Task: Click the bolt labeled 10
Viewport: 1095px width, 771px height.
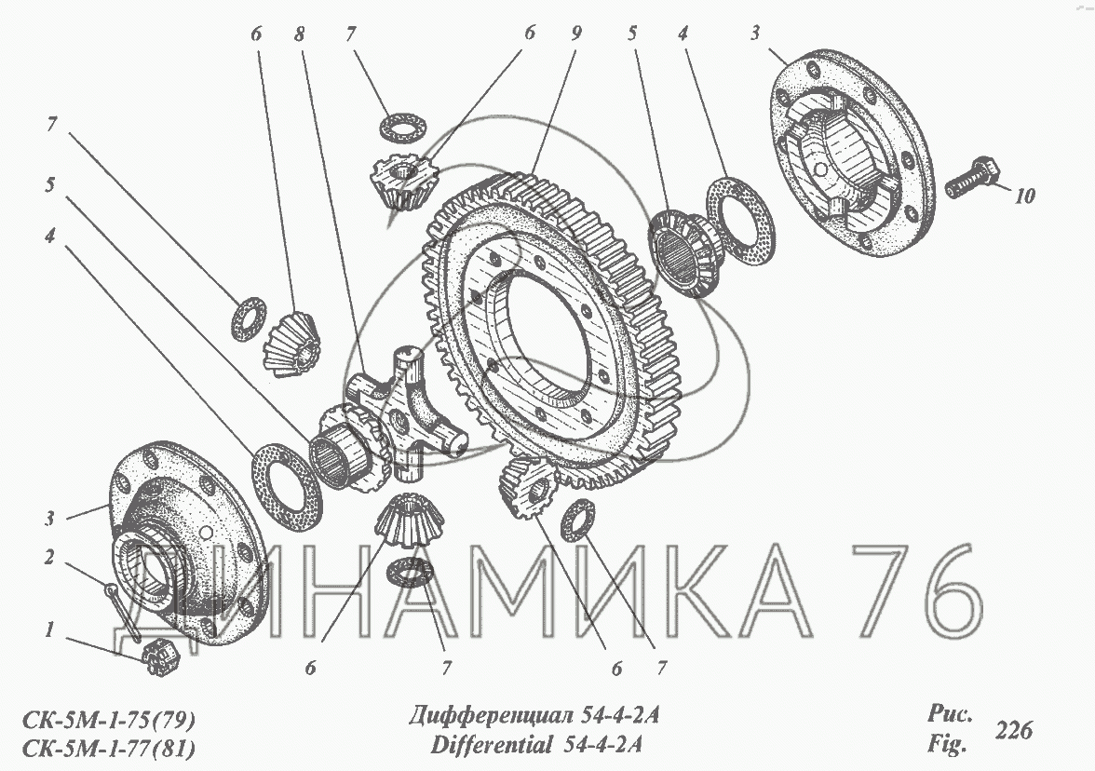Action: click(974, 177)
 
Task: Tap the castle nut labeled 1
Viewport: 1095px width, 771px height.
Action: click(160, 657)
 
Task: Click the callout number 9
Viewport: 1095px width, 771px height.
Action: click(576, 34)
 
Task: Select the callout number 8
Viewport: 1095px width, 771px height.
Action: click(300, 34)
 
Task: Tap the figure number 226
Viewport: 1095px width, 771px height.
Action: click(1013, 730)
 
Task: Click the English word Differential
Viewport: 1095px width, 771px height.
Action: click(491, 745)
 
